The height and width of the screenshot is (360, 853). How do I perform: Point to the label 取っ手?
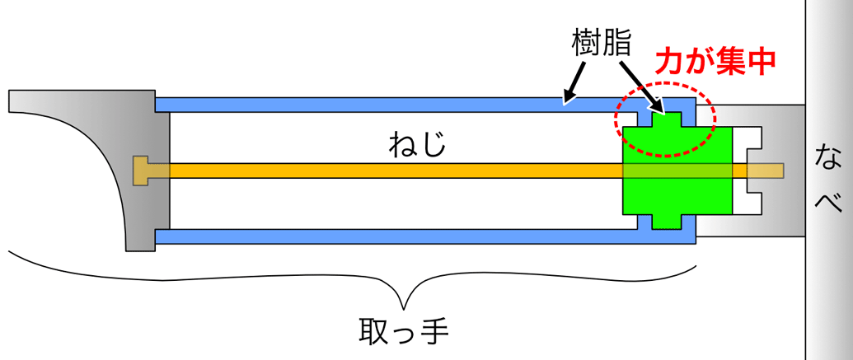(404, 332)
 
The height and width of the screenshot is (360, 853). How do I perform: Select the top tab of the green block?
(668, 119)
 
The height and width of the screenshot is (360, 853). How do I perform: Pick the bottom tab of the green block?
(668, 221)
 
